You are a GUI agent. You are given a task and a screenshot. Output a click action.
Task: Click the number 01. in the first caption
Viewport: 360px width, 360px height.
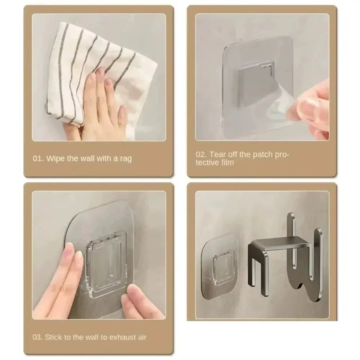39,158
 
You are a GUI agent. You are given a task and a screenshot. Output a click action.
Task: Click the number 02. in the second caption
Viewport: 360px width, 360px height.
202,154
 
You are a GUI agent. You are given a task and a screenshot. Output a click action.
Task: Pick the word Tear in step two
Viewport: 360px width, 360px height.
217,154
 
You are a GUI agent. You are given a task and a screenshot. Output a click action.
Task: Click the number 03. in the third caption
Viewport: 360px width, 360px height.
39,337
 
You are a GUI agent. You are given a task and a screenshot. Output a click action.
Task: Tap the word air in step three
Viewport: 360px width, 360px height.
141,337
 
